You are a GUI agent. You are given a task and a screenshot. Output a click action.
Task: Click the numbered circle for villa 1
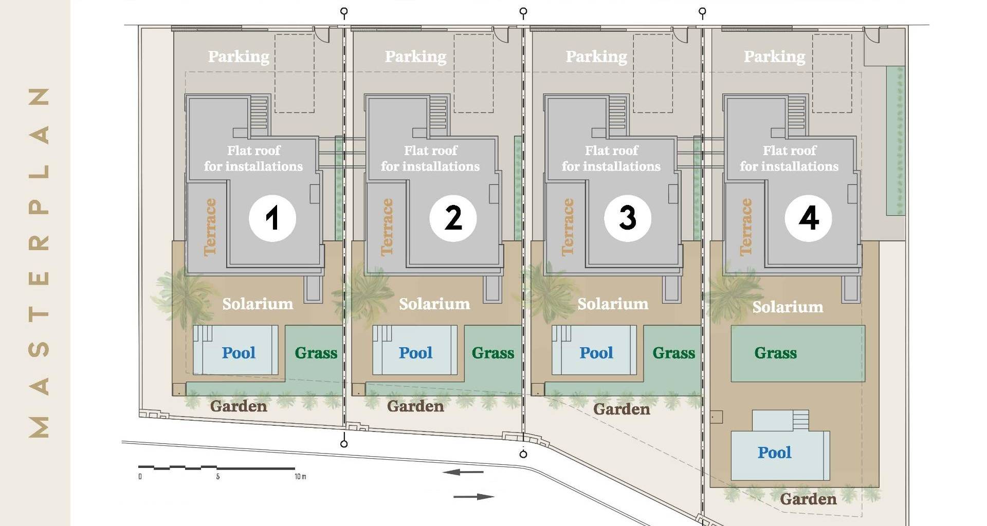coord(272,218)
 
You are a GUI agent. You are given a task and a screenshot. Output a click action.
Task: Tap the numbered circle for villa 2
coord(453,218)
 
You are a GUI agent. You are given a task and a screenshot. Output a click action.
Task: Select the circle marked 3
coord(628,218)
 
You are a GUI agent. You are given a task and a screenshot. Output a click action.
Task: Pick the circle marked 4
coord(809,218)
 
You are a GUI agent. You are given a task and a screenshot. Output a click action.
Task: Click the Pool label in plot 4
coord(774,453)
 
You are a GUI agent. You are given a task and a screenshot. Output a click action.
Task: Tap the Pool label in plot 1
coord(239,353)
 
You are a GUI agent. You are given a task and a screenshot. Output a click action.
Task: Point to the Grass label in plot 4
coord(775,353)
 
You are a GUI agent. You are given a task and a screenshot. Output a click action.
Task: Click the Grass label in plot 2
coord(493,353)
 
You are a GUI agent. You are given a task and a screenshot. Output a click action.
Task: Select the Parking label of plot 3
coord(596,57)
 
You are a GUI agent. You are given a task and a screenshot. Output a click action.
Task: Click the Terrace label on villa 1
coord(210,227)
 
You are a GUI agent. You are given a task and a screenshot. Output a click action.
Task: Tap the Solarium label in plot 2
coord(434,304)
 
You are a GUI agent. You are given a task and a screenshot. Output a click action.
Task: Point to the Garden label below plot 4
coord(808,499)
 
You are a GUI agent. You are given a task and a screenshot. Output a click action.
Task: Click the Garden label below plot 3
coord(622,409)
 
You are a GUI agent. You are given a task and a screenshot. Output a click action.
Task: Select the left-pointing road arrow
coord(463,472)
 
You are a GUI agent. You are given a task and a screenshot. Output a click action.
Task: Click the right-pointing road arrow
coord(474,497)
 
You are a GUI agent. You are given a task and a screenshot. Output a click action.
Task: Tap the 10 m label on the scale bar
coord(300,477)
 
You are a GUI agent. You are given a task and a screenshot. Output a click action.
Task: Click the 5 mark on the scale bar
coord(218,477)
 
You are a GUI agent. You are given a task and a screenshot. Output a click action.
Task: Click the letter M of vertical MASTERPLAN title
coord(39,427)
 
